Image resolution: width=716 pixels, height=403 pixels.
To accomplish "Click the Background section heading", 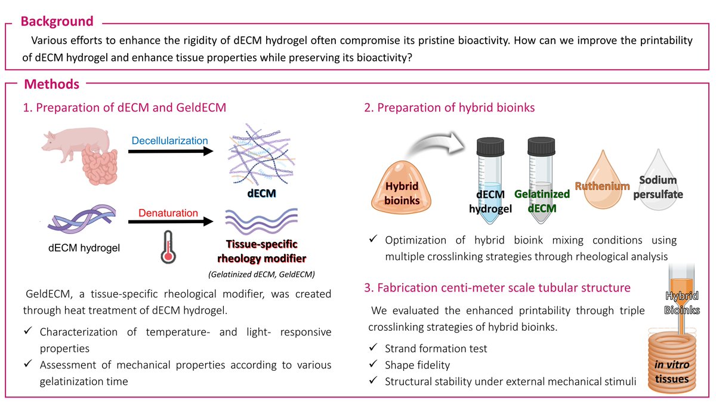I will pyautogui.click(x=57, y=22).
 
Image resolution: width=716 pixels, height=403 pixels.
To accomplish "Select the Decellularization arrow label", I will pyautogui.click(x=169, y=141).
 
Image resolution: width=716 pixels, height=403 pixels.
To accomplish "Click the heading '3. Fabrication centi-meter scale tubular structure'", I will pyautogui.click(x=496, y=288).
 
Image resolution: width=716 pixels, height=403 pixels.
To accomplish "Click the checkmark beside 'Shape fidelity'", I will pyautogui.click(x=373, y=364).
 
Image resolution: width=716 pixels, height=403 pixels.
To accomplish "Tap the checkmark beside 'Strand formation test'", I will pyautogui.click(x=373, y=347).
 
